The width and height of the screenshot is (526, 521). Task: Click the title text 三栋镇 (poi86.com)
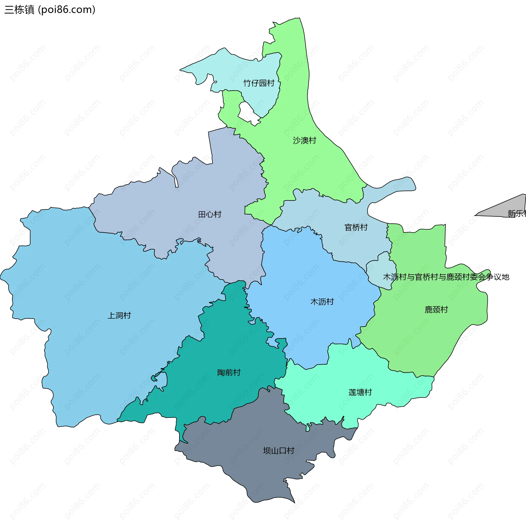pos(50,10)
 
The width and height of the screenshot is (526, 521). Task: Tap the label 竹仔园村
pos(259,83)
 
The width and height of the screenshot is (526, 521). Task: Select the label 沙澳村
pos(304,140)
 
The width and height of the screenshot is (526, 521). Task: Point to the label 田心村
pos(210,214)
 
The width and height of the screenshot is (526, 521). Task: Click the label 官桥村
pos(356,228)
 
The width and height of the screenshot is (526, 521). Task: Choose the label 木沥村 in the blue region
pos(322,302)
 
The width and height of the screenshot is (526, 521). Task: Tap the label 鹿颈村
pos(436,310)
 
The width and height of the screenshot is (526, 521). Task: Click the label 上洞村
pos(119,316)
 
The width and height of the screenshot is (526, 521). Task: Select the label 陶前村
pos(229,373)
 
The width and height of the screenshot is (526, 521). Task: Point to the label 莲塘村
pos(360,393)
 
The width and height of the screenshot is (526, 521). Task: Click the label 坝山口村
pos(279,451)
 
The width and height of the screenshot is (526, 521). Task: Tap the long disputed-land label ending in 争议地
pos(446,277)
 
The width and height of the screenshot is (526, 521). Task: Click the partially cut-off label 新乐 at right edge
pos(517,214)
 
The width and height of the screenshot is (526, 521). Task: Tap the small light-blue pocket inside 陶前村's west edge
pos(162,379)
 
